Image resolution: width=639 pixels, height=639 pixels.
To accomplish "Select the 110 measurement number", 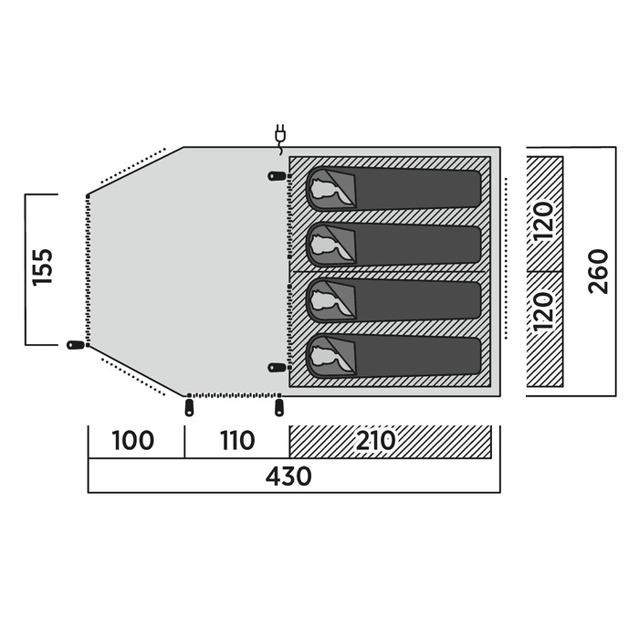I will point(236,442).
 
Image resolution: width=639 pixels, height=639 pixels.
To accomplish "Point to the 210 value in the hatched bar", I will point(375,442).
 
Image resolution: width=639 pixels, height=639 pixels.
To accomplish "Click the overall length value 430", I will point(290,477).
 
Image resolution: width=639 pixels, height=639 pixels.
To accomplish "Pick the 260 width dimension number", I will point(599,271).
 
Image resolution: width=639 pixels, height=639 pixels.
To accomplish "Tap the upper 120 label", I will point(544,220).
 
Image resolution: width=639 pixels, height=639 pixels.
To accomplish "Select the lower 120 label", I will point(544,311).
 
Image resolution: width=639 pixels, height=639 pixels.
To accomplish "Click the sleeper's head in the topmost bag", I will point(325,190).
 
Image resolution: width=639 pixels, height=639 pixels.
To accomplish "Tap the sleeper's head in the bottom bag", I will point(325,356).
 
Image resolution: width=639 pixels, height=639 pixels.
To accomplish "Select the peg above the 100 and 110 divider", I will point(189,406).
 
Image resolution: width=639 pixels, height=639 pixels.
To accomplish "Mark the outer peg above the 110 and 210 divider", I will point(279,405).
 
